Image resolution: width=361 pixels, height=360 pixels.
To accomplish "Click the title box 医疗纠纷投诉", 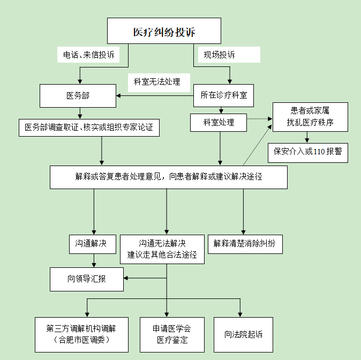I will tap(164, 31).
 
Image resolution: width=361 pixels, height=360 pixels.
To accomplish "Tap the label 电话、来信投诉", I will tap(88, 55).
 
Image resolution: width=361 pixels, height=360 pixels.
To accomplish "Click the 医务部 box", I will tap(77, 96).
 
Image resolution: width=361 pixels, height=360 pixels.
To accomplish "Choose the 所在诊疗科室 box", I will tap(223, 96).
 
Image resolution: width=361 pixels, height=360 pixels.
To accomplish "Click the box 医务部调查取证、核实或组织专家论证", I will tap(89, 127).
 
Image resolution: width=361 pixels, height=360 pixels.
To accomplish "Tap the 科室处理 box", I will tap(219, 123).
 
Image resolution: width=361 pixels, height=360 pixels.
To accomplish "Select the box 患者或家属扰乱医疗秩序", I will tap(310, 116).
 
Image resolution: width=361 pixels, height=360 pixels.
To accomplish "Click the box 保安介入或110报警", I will tap(308, 152).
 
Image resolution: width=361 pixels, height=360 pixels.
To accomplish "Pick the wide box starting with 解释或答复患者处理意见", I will tap(168, 177).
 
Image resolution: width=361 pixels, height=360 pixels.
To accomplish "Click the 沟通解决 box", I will tap(92, 244).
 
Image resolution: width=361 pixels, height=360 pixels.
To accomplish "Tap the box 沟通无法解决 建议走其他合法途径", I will tap(162, 249).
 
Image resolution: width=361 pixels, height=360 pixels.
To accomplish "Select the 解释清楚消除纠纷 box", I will tap(245, 244).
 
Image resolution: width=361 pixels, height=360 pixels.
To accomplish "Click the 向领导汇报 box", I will tap(87, 279).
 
